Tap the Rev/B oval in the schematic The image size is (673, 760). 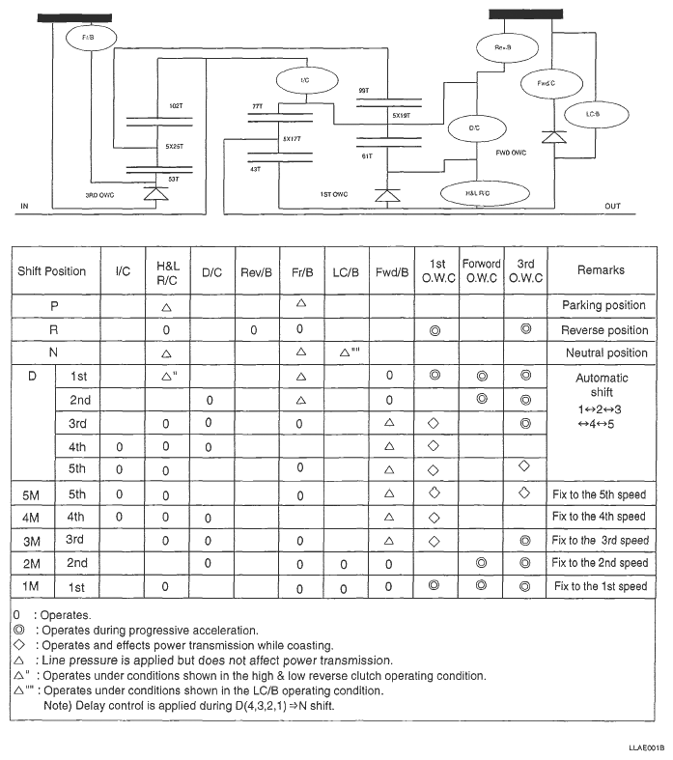[x=503, y=46]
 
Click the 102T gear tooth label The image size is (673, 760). [x=175, y=104]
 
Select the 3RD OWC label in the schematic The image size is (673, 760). [x=99, y=195]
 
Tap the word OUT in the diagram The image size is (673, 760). [x=612, y=207]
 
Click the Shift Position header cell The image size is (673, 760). [x=52, y=271]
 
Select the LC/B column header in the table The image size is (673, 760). [x=347, y=272]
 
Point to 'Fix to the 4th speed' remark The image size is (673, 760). [x=600, y=517]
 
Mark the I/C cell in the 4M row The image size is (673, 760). [x=120, y=517]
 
